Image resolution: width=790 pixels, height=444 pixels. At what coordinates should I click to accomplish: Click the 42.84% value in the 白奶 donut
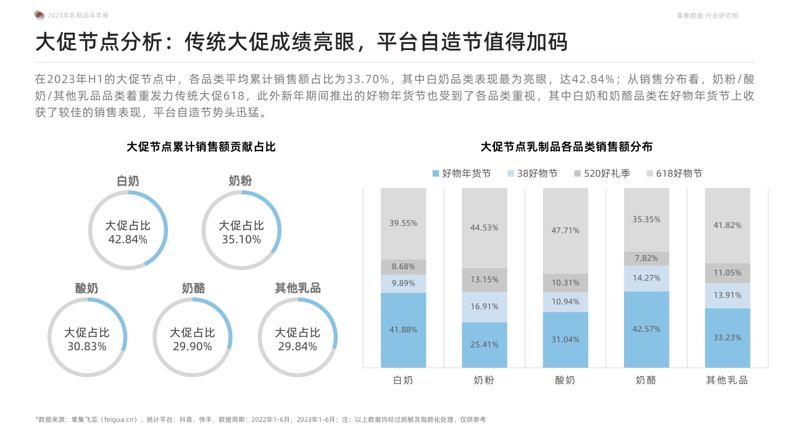(128, 239)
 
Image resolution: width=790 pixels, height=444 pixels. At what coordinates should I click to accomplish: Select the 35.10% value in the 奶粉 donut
(241, 239)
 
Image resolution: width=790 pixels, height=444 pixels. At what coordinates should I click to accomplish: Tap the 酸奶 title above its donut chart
(86, 289)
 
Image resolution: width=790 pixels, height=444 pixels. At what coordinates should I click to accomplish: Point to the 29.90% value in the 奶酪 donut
(193, 347)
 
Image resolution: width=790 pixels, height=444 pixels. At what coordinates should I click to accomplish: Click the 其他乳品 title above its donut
(297, 289)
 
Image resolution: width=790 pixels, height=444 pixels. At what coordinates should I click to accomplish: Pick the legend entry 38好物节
(532, 174)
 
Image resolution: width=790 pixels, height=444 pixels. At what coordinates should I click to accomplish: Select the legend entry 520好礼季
(602, 174)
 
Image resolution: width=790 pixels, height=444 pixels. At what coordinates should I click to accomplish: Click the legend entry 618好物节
(674, 174)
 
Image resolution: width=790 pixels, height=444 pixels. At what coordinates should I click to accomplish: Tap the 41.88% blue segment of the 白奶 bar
(403, 330)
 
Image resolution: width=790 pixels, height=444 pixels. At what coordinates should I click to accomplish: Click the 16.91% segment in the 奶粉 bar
(484, 306)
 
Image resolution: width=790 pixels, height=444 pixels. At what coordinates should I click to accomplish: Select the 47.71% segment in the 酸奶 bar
(565, 231)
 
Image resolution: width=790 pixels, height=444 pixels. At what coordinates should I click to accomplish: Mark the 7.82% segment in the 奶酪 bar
(646, 258)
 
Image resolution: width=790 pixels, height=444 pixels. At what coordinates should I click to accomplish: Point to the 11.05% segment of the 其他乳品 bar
(727, 273)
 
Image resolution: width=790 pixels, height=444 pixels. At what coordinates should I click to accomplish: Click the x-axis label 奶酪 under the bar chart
(646, 380)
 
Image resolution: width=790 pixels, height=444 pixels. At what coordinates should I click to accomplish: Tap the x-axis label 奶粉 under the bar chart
(484, 380)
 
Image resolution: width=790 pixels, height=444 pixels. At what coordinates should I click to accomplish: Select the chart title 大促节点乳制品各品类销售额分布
(566, 147)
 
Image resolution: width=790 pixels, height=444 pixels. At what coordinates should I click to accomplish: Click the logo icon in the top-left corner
(39, 15)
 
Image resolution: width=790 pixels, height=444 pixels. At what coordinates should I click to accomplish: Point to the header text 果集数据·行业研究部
(707, 15)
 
